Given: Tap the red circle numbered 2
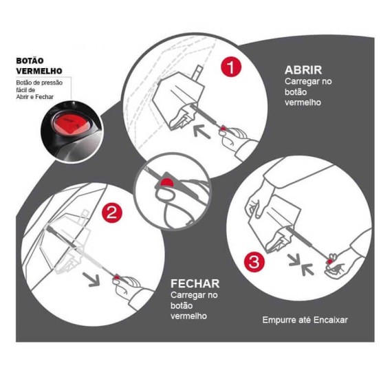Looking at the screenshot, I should [x=112, y=213].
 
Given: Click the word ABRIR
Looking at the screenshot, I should [x=303, y=70].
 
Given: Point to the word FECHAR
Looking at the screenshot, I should [x=196, y=283].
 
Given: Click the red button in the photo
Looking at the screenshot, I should [x=67, y=125].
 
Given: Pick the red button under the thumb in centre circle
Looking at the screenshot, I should [x=168, y=182].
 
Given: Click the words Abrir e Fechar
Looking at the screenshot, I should [x=34, y=97].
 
